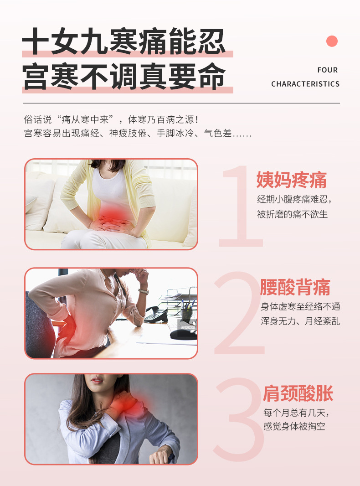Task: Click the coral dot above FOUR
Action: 332,41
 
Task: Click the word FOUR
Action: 328,70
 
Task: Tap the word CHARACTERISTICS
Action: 305,84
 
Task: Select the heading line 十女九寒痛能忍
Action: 123,41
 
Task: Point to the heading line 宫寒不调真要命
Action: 123,76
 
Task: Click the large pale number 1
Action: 241,206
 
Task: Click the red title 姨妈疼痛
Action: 292,180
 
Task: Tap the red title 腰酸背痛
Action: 295,287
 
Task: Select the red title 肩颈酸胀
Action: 298,393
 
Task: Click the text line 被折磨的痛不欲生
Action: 292,214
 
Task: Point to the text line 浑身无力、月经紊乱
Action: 300,321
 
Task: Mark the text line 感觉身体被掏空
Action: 294,426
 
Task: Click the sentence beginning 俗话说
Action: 112,119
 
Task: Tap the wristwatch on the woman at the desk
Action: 144,291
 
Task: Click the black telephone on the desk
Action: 156,314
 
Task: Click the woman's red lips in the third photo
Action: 97,380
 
